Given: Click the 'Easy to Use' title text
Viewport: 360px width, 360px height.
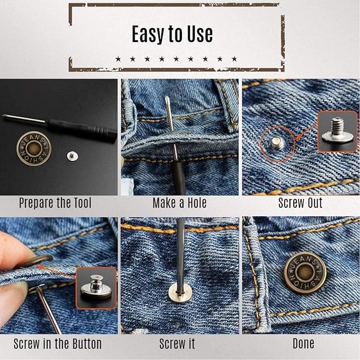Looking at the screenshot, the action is (172, 34).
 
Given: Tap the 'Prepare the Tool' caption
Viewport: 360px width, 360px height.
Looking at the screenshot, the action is (55, 203).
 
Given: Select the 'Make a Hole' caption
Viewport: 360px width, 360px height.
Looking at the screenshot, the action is (180, 203).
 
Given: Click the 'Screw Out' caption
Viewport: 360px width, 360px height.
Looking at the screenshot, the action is (300, 203).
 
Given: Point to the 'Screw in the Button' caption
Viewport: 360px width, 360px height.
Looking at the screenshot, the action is (57, 344).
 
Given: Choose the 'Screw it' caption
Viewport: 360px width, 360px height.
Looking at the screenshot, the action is (177, 344).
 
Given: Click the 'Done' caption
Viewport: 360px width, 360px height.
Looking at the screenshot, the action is (303, 344).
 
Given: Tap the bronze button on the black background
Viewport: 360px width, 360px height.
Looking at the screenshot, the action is (34, 148).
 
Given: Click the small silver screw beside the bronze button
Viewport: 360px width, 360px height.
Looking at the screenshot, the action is (72, 156).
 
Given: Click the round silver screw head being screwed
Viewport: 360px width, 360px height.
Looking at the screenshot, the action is (180, 293).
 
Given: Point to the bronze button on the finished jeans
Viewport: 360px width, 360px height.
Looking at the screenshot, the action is (305, 273).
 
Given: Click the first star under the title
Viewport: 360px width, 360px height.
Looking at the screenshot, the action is (118, 59).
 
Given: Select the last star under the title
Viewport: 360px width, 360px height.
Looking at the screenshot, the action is (234, 59).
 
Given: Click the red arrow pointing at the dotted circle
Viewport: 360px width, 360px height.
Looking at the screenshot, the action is (307, 131).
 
